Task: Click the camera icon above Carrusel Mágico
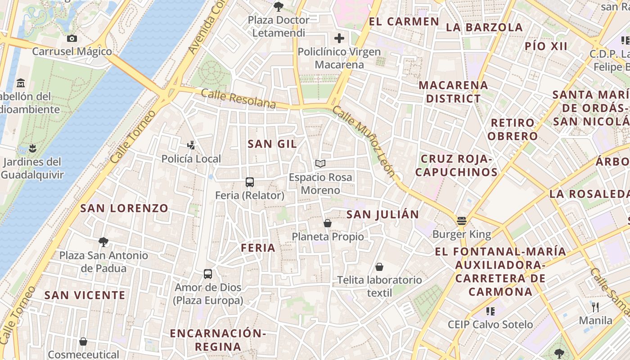click(x=72, y=38)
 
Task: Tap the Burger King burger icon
click(x=462, y=221)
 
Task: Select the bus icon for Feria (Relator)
click(x=250, y=182)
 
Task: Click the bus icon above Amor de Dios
click(x=208, y=274)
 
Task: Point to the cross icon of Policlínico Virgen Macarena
click(x=339, y=38)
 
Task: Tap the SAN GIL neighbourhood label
click(x=272, y=144)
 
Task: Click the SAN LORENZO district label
click(x=124, y=208)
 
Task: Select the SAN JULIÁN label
click(x=382, y=215)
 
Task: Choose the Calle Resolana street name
click(x=238, y=98)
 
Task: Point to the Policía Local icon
click(x=191, y=145)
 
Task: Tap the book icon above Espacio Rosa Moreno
click(x=320, y=163)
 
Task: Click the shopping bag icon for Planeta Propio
click(x=328, y=223)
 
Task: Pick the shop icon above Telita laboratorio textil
click(x=379, y=267)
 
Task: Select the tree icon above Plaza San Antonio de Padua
click(x=103, y=242)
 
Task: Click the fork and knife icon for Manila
click(x=595, y=307)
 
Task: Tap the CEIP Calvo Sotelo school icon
click(x=490, y=311)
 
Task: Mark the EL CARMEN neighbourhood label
click(x=404, y=22)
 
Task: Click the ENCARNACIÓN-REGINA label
click(x=218, y=340)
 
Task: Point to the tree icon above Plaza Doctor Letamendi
click(x=279, y=6)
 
